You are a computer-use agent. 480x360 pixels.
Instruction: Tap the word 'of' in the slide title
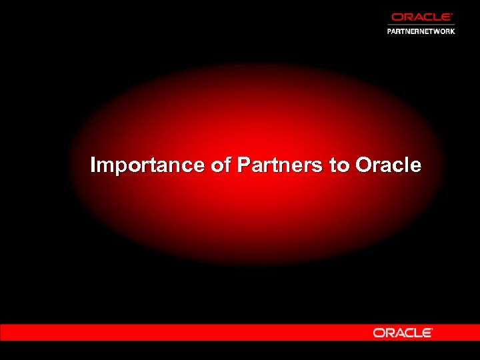220,165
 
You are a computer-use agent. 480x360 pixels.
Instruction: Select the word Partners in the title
280,165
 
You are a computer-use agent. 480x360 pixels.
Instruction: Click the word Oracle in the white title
389,165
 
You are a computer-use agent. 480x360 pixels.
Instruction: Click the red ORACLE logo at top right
421,17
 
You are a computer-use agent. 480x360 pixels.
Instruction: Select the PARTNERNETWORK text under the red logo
421,31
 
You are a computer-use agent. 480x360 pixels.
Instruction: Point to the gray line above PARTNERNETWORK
421,25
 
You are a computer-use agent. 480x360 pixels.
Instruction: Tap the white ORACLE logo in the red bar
403,332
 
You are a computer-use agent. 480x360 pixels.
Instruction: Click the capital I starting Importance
93,165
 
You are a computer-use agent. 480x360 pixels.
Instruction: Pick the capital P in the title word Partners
243,165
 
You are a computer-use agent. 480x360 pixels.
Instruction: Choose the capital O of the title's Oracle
364,165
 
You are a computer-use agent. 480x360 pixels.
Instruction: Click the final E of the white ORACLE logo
427,332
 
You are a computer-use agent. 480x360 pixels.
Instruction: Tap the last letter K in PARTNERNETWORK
452,31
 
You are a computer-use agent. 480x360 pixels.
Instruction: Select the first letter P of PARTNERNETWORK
390,31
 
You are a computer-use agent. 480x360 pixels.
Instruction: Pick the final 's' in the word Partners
318,167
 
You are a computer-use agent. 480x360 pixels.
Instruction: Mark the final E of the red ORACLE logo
447,17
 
